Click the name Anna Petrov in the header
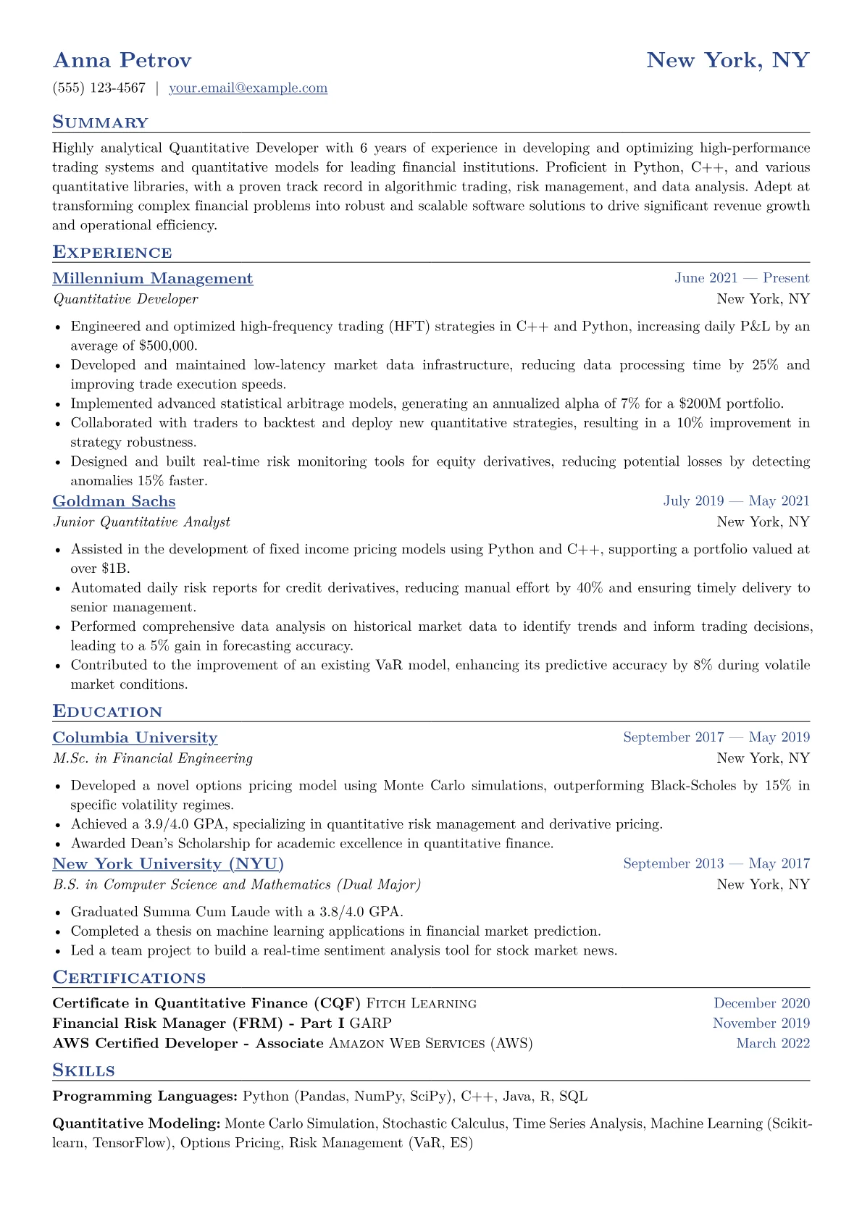coord(122,60)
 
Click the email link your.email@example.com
coord(248,88)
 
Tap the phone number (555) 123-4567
coord(99,88)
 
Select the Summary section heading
coord(100,122)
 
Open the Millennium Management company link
coord(153,279)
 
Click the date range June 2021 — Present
coord(742,278)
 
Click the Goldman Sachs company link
coord(114,502)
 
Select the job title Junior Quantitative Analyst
coord(141,522)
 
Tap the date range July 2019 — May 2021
coord(736,501)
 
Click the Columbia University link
coord(135,738)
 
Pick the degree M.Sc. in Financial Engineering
coord(153,758)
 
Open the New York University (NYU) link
coord(168,864)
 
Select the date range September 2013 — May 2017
coord(716,863)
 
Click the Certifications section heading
coord(129,978)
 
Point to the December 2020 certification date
coord(761,1003)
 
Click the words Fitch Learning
coord(422,1004)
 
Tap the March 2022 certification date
coord(773,1044)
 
